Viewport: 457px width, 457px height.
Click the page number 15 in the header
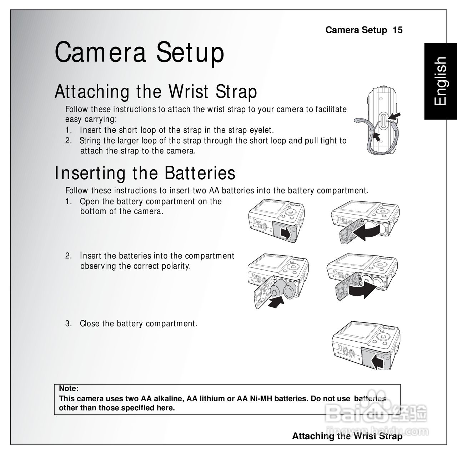397,30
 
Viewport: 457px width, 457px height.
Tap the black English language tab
440,81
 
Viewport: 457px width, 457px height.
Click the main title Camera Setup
139,52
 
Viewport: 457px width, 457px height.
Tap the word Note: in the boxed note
69,388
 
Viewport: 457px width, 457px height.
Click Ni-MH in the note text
261,398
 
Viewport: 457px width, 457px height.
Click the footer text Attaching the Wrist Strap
347,436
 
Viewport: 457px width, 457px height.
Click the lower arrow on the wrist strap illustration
376,137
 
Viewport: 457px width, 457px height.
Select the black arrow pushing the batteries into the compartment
276,302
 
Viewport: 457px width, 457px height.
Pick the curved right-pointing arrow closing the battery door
362,290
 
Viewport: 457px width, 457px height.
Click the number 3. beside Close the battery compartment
68,323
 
